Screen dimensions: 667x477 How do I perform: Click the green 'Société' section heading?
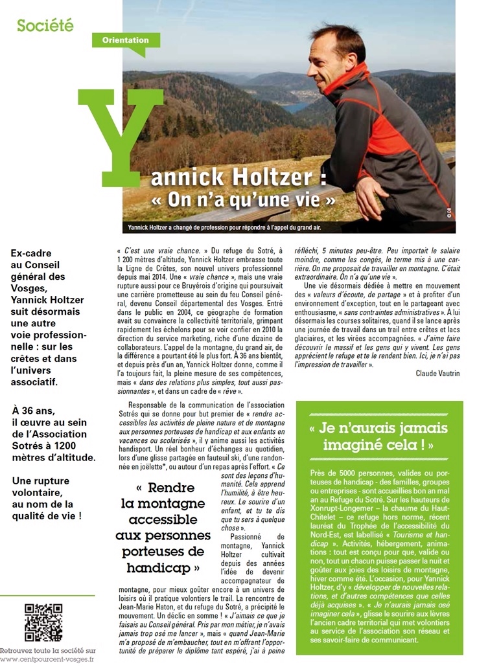45,26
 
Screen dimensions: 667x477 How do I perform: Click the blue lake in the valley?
296,106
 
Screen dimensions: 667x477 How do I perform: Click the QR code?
43,621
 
